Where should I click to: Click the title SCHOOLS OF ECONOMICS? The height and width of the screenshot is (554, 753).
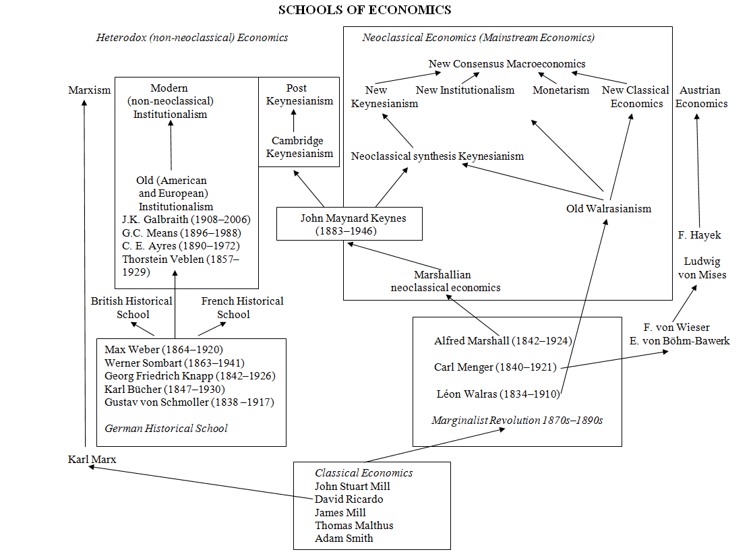point(365,10)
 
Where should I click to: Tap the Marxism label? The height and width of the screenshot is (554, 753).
point(89,90)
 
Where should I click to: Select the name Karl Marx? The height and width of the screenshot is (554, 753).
point(92,460)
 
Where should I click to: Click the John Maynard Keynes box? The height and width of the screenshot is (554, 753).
point(349,224)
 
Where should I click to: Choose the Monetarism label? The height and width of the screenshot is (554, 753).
point(561,90)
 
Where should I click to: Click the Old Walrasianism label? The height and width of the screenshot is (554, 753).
point(609,208)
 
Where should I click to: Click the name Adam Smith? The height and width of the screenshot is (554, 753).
point(344,538)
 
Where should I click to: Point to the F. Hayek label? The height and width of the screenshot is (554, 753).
point(700,235)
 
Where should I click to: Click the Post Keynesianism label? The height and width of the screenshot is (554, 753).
point(299,94)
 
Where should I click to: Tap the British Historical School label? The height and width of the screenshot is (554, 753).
point(131,307)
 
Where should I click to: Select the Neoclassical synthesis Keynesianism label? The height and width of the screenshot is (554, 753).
point(437,156)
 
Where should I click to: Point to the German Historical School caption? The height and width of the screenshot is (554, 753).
point(166,428)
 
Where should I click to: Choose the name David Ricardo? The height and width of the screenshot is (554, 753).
point(349,499)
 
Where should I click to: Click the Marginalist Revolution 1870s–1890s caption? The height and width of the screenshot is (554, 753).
point(516,421)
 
